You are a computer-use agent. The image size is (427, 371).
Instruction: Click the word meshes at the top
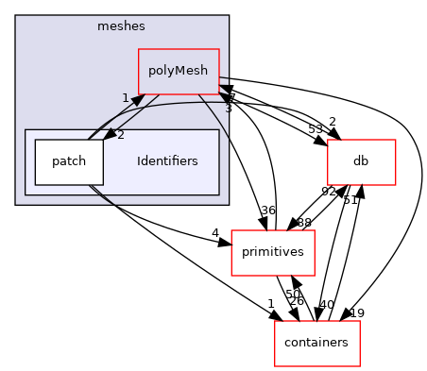point(121,25)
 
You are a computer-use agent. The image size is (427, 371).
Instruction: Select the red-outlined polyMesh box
point(179,71)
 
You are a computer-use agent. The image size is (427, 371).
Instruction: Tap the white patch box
point(69,161)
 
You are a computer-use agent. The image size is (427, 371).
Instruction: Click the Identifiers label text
point(167,161)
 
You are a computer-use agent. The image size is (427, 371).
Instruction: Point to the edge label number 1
point(125,98)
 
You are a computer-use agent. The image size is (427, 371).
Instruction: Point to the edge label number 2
point(121,135)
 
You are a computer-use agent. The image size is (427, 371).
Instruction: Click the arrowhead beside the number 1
point(137,100)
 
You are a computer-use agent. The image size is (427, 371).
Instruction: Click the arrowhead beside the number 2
point(109,136)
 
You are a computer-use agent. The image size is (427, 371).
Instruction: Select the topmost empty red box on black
point(361,162)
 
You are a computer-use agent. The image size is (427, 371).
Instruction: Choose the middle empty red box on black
point(272,253)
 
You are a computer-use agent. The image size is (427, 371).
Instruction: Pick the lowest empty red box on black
point(316,344)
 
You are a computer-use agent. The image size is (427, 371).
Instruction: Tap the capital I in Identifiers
point(139,161)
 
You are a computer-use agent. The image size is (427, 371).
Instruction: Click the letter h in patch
point(83,161)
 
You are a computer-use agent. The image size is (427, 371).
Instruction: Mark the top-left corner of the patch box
point(35,140)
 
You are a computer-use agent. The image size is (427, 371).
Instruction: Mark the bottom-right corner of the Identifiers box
point(219,194)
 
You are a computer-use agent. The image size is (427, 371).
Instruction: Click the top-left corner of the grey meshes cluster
point(16,16)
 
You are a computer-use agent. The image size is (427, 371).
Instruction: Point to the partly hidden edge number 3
point(227,109)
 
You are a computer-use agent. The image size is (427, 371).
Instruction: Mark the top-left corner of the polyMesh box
point(139,49)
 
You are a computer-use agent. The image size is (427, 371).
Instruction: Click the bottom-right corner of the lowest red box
point(360,366)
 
